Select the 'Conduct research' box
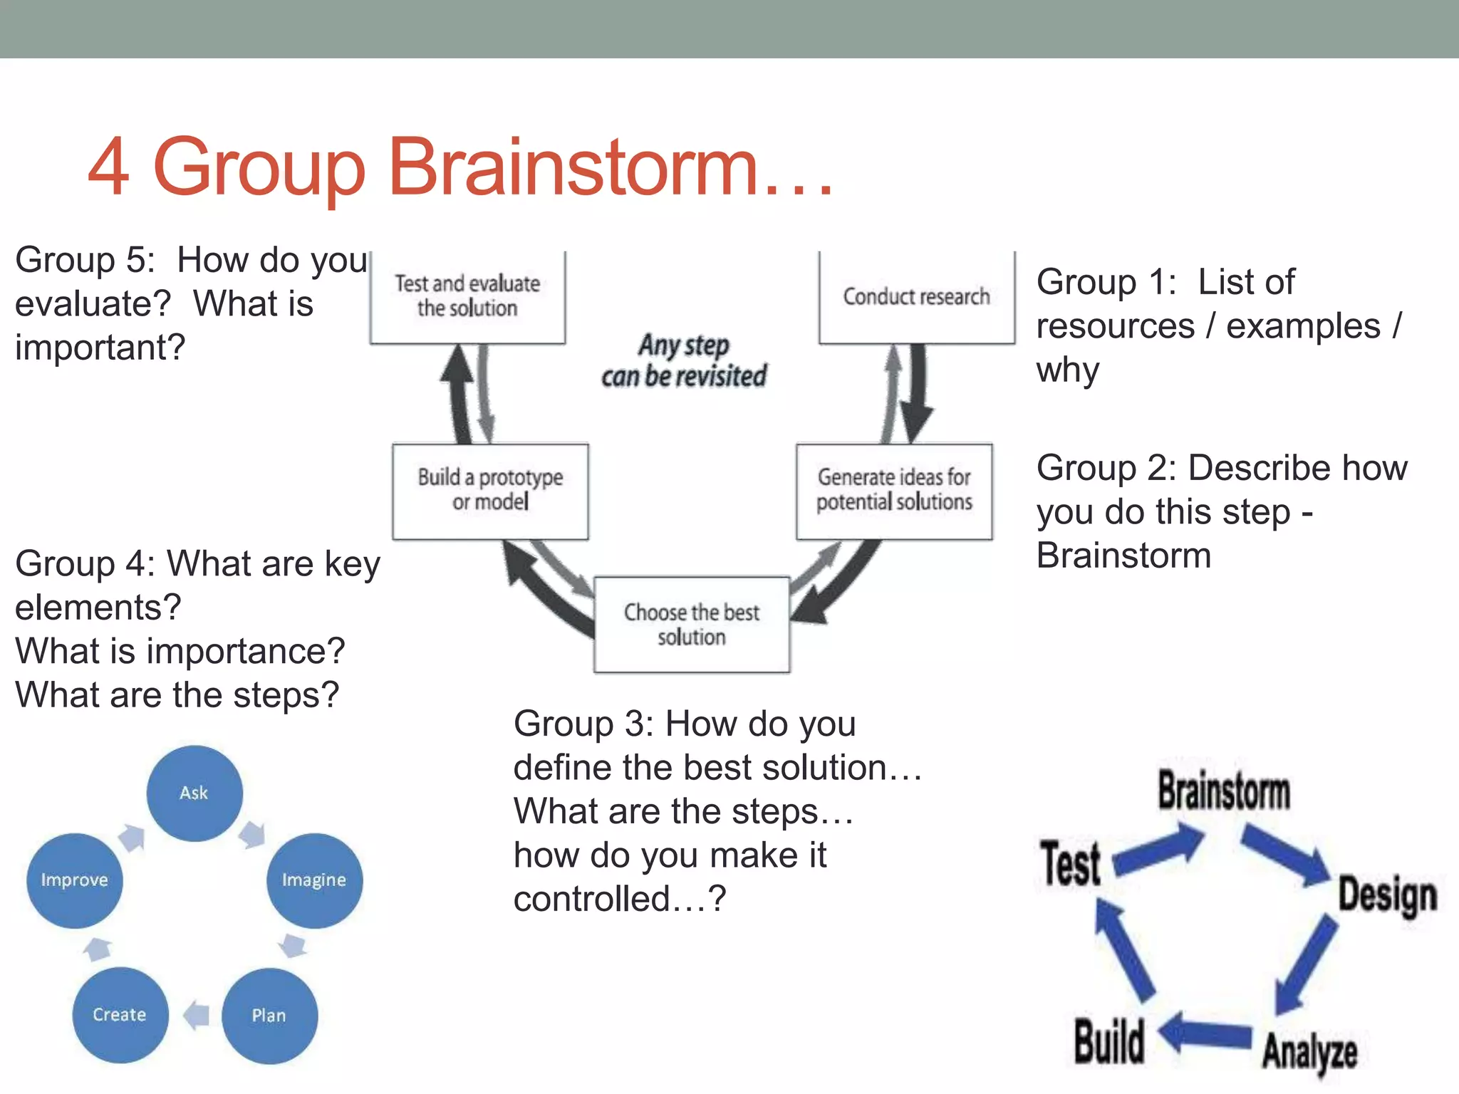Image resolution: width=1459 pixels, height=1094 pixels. pos(916,296)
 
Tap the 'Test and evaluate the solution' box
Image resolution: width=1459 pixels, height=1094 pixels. pos(467,296)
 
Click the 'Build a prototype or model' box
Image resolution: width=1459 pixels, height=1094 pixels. pos(490,490)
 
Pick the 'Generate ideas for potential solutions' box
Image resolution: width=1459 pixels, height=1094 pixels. pos(894,490)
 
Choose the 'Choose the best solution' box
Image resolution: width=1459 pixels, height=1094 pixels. pos(691,625)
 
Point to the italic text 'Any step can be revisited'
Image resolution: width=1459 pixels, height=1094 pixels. pos(684,361)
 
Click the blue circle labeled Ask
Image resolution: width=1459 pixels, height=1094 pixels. pos(194,793)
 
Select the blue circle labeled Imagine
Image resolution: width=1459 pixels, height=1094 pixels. pos(314,880)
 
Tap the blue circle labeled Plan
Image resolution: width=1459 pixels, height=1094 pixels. pos(269,1016)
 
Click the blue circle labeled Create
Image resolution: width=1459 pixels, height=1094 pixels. pos(120,1015)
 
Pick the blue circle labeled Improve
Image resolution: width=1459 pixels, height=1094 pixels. pos(75,880)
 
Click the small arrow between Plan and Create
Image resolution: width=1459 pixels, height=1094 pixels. pos(196,1015)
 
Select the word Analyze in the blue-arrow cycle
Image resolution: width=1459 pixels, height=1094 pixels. pos(1309,1051)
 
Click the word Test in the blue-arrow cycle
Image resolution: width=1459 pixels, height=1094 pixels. pos(1070,863)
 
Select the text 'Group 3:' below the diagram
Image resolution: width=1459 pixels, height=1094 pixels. pos(583,724)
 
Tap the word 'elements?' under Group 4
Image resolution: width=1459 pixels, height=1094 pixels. pos(98,608)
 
